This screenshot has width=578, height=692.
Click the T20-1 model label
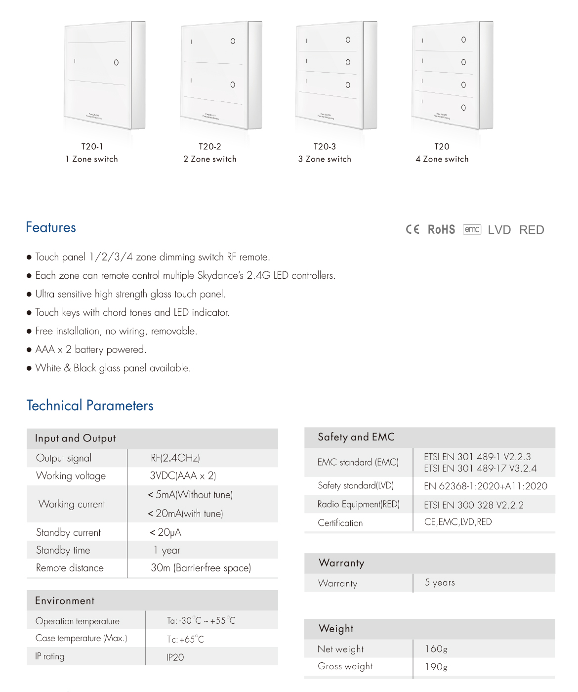(92, 146)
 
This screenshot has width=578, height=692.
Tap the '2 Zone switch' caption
(210, 159)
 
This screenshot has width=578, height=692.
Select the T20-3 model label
(325, 146)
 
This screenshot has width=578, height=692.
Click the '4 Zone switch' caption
(442, 159)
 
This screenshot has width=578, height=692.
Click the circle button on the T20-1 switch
(116, 63)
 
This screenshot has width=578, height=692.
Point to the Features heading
(51, 227)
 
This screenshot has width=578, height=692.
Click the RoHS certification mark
(441, 230)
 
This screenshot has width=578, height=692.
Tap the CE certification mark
(413, 229)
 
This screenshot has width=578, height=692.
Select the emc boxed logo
(472, 229)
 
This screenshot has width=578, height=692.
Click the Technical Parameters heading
(90, 406)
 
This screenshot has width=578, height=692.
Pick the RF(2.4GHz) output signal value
(175, 458)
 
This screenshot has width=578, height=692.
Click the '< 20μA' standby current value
(165, 532)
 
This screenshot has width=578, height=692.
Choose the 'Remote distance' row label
(70, 568)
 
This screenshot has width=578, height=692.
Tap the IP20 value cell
(175, 657)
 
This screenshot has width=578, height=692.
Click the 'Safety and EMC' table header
(356, 437)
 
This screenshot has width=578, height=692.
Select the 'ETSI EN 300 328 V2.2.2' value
(474, 505)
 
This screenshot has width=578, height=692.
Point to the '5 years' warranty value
(440, 582)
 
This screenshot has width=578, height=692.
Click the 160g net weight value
(436, 649)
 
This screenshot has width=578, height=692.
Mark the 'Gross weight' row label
(345, 666)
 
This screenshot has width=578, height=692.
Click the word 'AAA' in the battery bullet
(45, 349)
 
